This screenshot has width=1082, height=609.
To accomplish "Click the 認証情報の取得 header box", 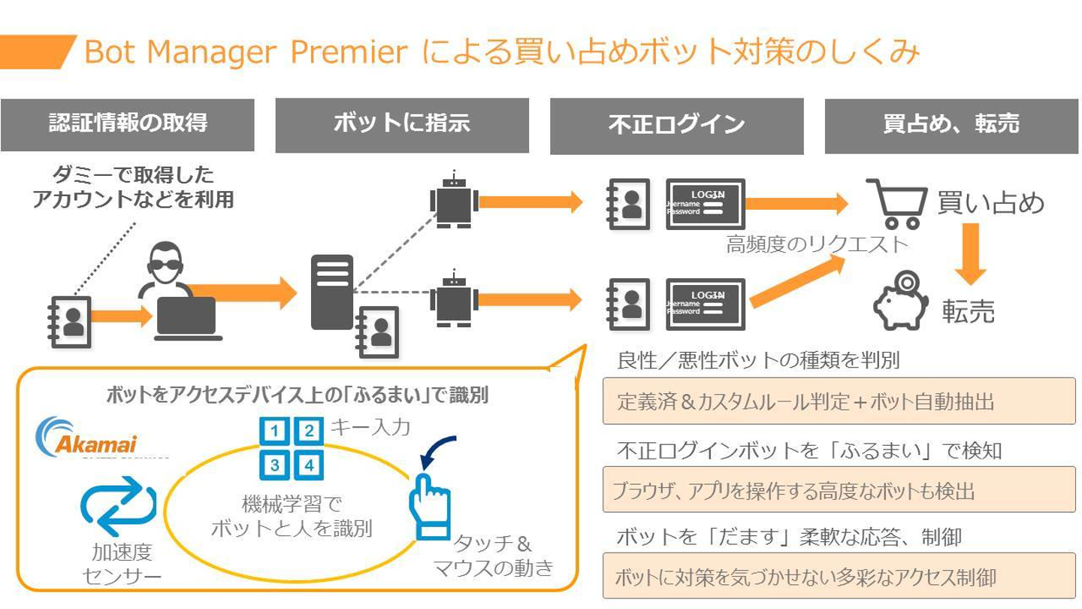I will coord(127,124).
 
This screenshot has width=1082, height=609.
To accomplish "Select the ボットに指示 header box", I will coord(402,125).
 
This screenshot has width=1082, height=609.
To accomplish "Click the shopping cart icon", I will coord(896,203).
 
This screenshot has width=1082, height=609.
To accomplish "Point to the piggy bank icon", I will coord(901,302).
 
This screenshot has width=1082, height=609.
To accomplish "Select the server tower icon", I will coord(331,292).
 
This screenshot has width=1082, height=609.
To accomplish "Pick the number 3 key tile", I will coord(275,465).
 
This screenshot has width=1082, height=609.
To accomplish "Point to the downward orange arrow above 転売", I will coord(970,253).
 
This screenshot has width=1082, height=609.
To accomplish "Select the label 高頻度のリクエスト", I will coord(818,244).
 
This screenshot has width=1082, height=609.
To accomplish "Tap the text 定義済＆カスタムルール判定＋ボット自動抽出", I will coord(805,401).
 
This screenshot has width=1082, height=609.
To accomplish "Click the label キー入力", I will coord(370,428).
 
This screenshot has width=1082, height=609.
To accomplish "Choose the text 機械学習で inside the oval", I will coord(292,503).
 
